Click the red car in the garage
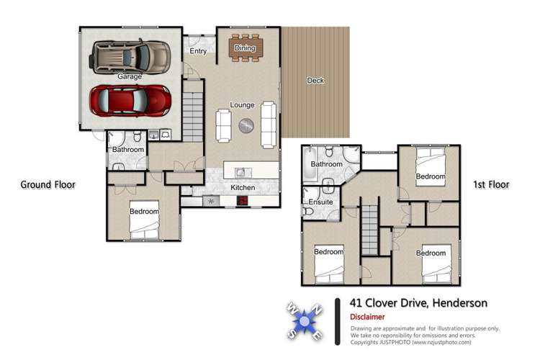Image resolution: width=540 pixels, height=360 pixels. (130, 101)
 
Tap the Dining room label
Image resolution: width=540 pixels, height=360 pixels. (245, 48)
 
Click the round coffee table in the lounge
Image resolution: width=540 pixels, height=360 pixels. (246, 125)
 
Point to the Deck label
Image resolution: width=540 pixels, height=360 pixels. (315, 81)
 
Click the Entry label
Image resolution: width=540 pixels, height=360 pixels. (198, 52)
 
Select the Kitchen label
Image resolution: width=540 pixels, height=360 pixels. (243, 188)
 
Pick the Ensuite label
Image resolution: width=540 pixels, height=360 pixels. (320, 202)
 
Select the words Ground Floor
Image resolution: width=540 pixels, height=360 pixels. (48, 185)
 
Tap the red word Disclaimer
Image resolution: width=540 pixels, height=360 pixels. (367, 317)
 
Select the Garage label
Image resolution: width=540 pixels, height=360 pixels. (130, 76)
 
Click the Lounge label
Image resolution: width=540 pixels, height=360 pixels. (242, 104)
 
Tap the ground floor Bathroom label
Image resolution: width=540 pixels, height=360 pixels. (128, 150)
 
